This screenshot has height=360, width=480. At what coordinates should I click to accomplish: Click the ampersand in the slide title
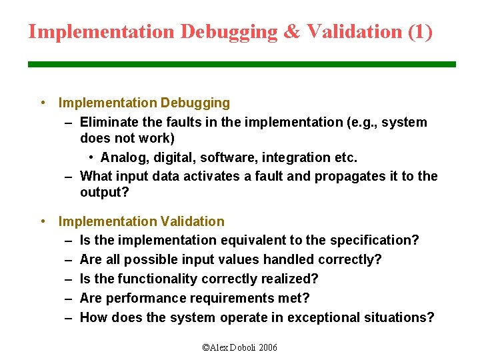(291, 31)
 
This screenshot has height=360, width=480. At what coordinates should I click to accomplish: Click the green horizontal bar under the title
(241, 64)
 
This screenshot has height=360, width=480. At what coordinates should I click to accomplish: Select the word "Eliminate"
(107, 122)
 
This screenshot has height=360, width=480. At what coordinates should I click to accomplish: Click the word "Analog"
(123, 157)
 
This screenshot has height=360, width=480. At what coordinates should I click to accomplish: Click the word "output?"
(103, 192)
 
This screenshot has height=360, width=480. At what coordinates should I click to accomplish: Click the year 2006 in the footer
(267, 347)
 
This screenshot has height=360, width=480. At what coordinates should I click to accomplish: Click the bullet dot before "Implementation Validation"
(43, 221)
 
